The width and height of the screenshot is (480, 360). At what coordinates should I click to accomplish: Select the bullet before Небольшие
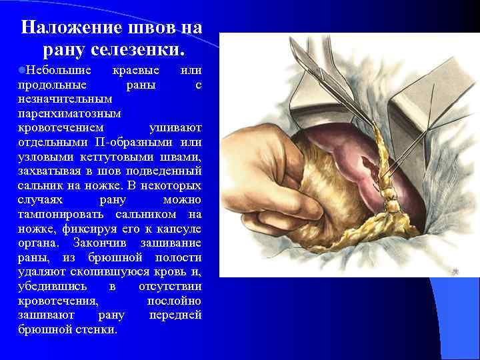(22, 70)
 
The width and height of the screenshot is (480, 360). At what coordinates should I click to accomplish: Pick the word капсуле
(179, 229)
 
